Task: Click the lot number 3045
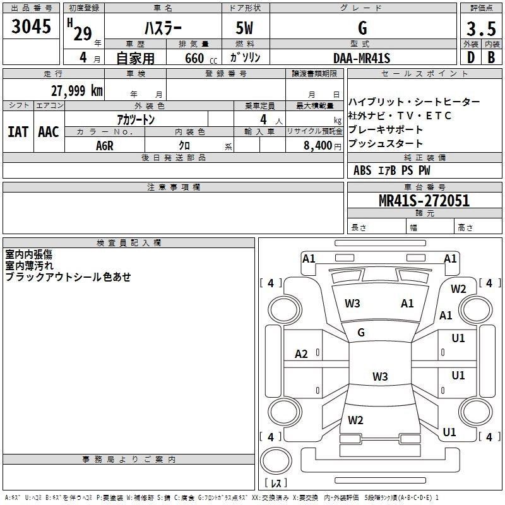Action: coord(32,27)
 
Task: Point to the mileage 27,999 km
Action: coord(77,90)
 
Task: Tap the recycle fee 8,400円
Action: coord(322,146)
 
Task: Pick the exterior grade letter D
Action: coord(470,57)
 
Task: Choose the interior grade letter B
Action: coord(491,57)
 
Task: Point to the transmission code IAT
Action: coord(18,131)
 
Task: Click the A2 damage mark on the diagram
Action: coord(301,354)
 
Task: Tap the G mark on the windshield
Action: coord(361,333)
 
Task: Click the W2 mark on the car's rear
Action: coord(355,420)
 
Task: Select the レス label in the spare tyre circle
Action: coord(276,484)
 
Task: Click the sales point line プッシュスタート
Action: coord(386,143)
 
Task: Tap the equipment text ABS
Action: coord(362,170)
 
